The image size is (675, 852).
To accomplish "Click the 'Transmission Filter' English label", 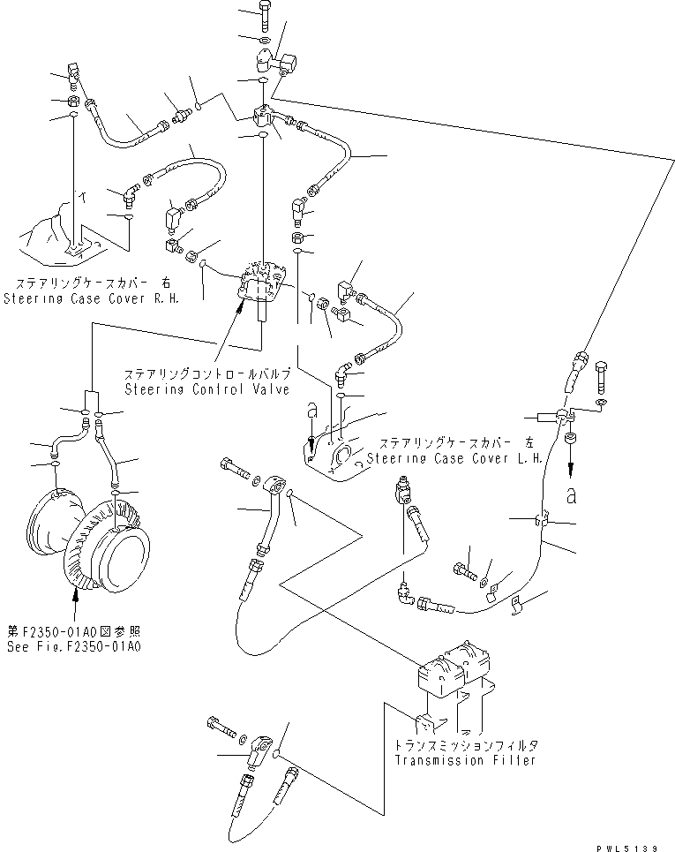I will click(x=465, y=760).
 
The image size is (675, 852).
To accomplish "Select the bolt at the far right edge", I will click(x=602, y=374).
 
